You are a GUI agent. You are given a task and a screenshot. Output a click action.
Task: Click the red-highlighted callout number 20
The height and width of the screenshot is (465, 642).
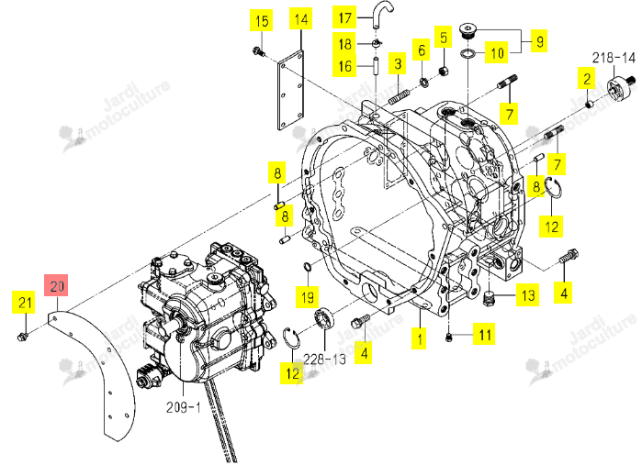tap(57, 285)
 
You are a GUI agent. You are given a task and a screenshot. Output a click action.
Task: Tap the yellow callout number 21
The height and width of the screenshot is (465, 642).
tap(24, 303)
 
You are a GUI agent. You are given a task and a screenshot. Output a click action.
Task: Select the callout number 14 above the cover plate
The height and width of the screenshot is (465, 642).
tap(301, 19)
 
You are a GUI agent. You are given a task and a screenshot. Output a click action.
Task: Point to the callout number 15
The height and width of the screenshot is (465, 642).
tap(262, 20)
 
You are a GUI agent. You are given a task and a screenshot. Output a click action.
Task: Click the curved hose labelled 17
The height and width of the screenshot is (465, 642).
tap(382, 14)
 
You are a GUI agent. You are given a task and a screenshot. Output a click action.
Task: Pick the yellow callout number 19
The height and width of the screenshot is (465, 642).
tap(308, 296)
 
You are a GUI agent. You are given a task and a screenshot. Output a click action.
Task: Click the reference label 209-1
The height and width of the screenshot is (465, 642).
tap(184, 407)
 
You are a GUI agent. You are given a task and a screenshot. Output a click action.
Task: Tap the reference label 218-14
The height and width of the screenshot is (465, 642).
tap(614, 58)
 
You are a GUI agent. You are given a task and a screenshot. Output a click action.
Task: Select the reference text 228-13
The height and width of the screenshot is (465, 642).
tap(325, 359)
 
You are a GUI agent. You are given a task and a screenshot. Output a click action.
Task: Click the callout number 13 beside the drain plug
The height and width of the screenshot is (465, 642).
tap(528, 295)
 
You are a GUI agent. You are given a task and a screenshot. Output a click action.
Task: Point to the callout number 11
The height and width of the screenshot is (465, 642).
tap(485, 335)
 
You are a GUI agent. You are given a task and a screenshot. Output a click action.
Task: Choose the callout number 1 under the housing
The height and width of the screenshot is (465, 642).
tap(420, 338)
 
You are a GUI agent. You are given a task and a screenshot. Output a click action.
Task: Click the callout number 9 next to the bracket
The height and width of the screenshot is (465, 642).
tap(540, 41)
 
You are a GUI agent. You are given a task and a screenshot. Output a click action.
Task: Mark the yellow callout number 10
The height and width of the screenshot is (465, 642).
tap(497, 53)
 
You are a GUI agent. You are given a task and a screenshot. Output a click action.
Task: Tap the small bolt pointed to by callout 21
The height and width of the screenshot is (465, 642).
tap(21, 337)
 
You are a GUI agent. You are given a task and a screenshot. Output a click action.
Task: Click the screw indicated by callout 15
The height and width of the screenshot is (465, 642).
tap(258, 51)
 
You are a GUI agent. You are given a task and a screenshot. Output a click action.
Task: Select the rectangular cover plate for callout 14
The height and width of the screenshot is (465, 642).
tap(291, 90)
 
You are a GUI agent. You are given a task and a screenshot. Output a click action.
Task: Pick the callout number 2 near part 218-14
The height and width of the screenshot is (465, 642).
tap(587, 79)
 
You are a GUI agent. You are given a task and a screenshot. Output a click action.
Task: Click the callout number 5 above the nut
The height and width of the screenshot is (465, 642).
tap(444, 38)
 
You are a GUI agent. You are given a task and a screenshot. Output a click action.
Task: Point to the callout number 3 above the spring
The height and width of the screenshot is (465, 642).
tap(398, 63)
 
